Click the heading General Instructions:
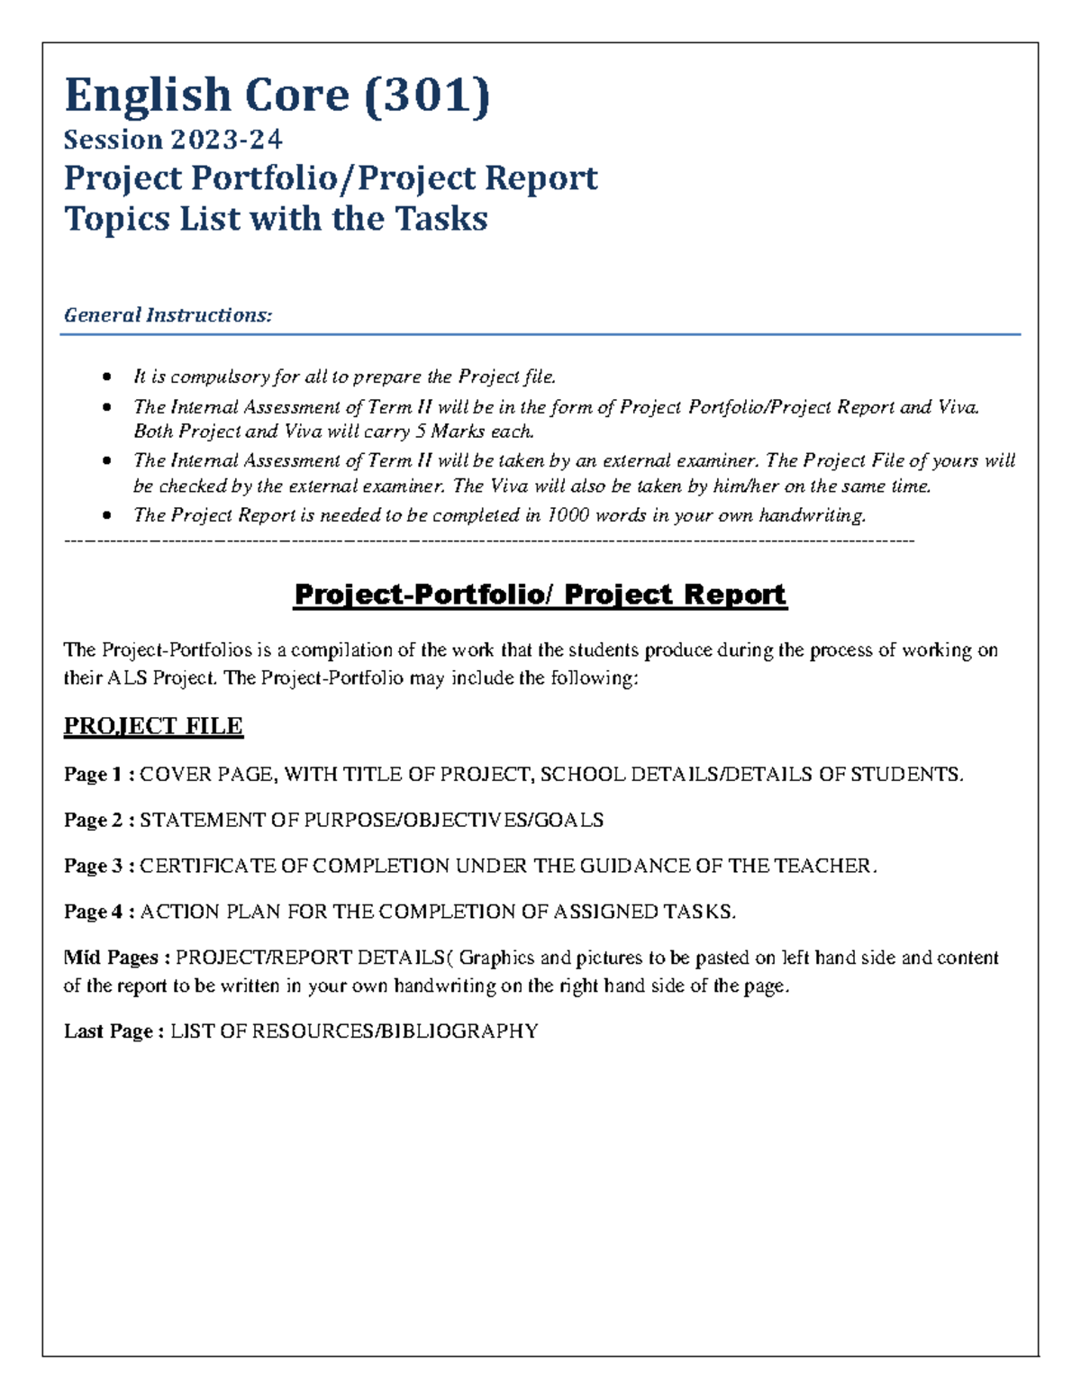(x=168, y=315)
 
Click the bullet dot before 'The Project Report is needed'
(x=108, y=515)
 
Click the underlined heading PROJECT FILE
(x=153, y=726)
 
